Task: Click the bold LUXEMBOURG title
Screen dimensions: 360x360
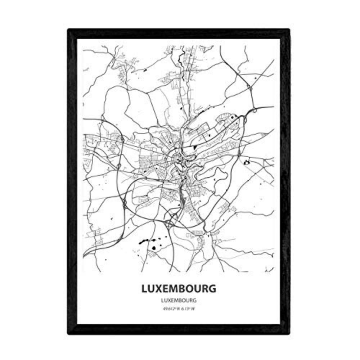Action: [x=179, y=289]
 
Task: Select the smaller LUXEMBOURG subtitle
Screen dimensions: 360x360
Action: [x=179, y=300]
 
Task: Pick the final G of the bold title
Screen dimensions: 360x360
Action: [x=213, y=289]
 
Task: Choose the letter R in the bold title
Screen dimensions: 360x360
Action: [x=205, y=289]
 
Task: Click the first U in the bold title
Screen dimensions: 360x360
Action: [x=152, y=289]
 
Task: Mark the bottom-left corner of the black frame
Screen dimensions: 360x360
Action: [x=69, y=333]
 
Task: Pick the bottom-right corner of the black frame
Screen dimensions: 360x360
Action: [x=289, y=333]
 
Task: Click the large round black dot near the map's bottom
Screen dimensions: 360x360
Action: [x=154, y=248]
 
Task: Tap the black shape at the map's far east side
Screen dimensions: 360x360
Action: [x=247, y=163]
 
